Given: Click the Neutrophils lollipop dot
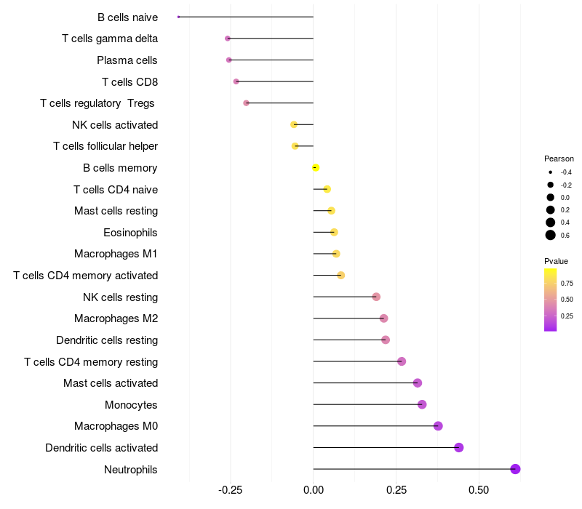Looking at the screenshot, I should click(x=515, y=469).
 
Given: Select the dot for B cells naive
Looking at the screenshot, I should click(x=178, y=17).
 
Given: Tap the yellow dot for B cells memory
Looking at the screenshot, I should click(x=316, y=167).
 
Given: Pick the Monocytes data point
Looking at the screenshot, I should click(x=422, y=404).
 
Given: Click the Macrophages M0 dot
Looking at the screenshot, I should click(x=438, y=426).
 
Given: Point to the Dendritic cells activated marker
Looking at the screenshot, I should click(x=459, y=447).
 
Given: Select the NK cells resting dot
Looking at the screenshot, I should click(x=376, y=297).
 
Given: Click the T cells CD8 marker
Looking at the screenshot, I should click(x=236, y=81).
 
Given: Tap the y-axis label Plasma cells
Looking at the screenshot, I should click(x=127, y=60).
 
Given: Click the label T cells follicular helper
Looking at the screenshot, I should click(x=105, y=146).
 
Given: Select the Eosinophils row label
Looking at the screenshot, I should click(x=131, y=233).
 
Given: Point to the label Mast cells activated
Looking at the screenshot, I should click(x=111, y=383).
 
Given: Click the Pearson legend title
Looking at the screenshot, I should click(x=559, y=159).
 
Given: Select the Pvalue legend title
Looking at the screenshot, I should click(x=556, y=261).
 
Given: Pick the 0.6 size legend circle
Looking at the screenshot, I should click(x=551, y=235).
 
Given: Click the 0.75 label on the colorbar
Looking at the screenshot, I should click(x=567, y=283).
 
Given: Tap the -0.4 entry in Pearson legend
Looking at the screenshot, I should click(x=565, y=172).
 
